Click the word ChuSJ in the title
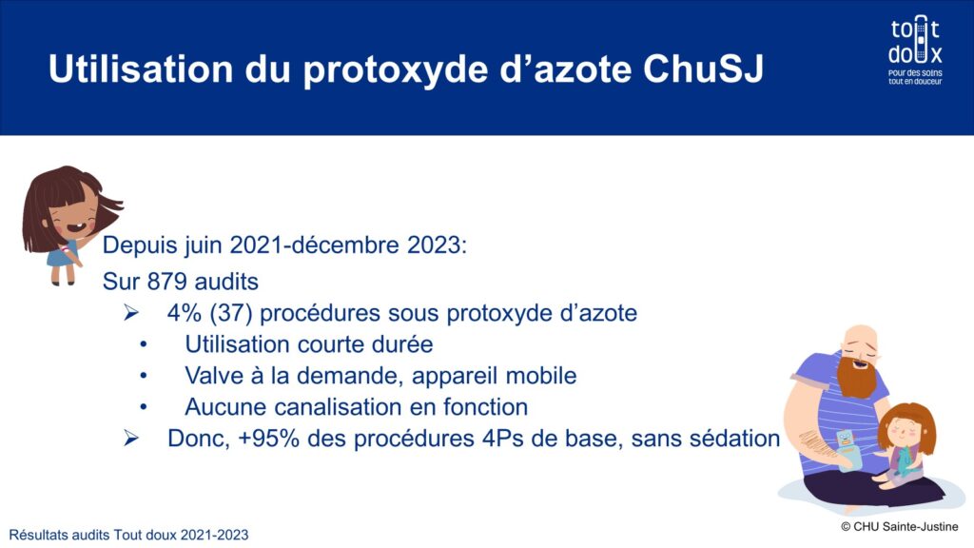click(703, 68)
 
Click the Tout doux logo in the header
click(915, 50)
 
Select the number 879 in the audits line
click(167, 282)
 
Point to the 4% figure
click(184, 312)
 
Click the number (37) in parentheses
click(230, 312)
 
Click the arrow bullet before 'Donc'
click(131, 438)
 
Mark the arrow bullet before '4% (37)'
click(131, 312)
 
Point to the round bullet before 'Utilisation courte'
click(144, 344)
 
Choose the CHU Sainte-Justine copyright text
click(900, 527)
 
